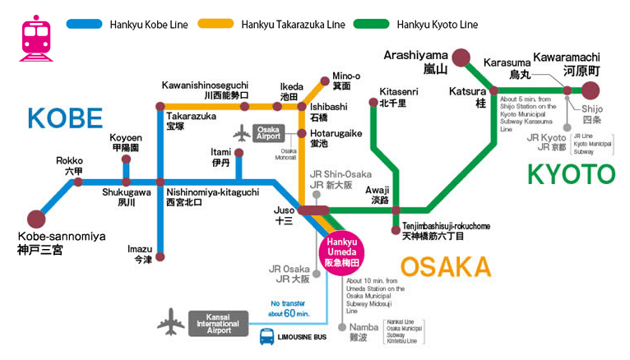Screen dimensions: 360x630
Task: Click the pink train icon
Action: pyautogui.click(x=35, y=37)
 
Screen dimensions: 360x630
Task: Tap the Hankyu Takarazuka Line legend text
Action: pyautogui.click(x=293, y=25)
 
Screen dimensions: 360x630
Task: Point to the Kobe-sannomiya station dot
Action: pyautogui.click(x=36, y=219)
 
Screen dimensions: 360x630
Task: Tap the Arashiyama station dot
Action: pyautogui.click(x=461, y=58)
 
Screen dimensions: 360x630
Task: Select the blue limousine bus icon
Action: pyautogui.click(x=267, y=336)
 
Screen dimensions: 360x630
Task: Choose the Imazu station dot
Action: pyautogui.click(x=160, y=256)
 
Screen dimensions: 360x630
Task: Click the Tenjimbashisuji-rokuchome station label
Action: pyautogui.click(x=433, y=231)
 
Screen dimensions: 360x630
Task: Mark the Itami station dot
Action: pyautogui.click(x=239, y=153)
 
